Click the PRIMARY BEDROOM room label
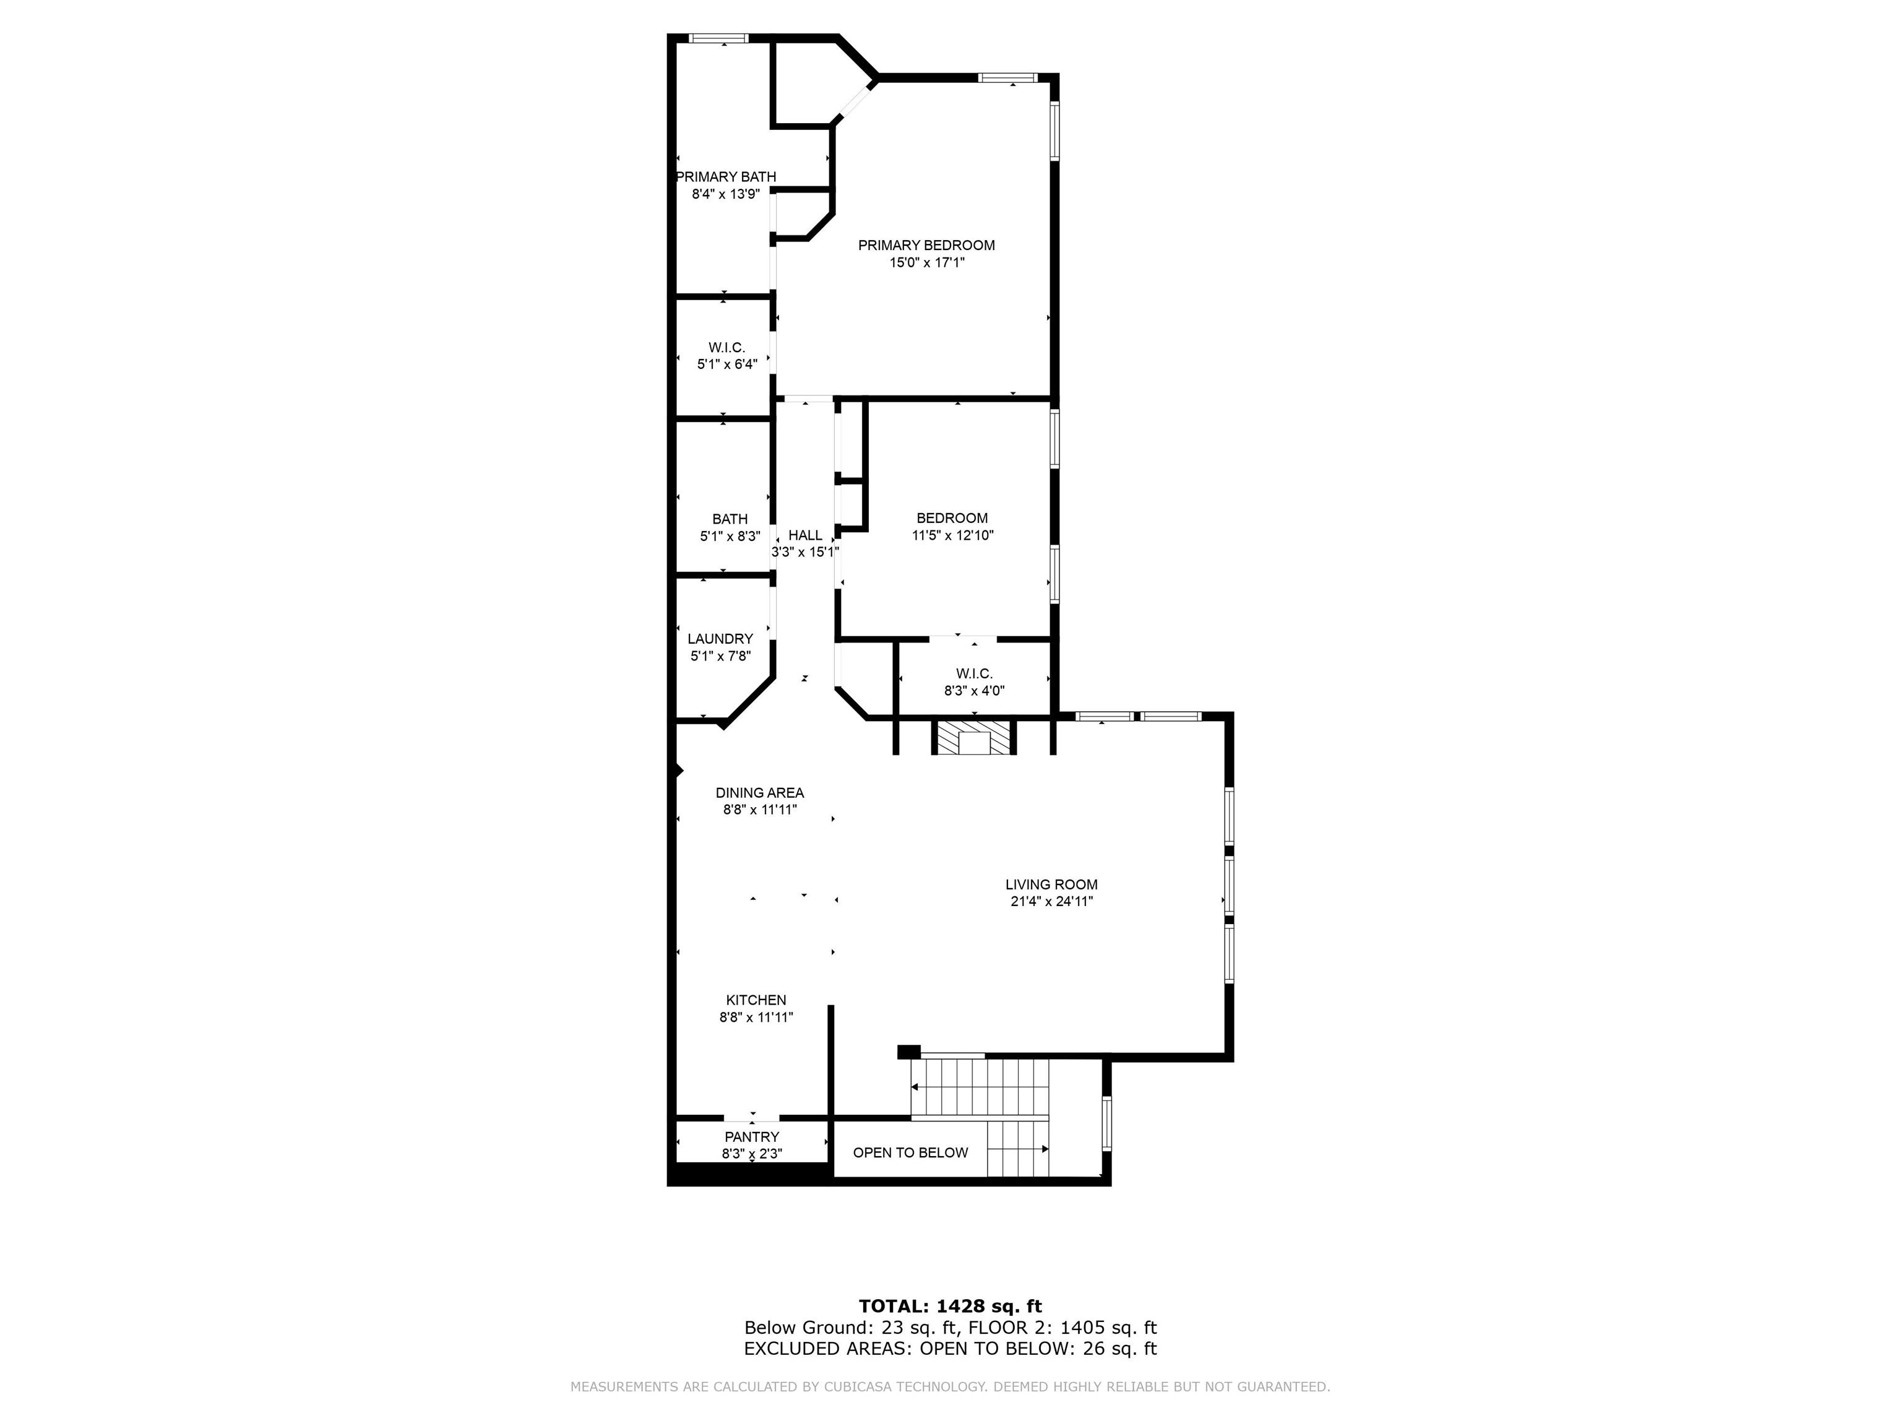point(926,245)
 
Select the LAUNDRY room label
point(720,639)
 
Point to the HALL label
point(805,535)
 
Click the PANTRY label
point(752,1137)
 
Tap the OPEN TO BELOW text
point(910,1152)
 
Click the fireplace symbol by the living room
point(975,738)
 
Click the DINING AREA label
point(760,792)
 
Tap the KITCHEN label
point(756,1000)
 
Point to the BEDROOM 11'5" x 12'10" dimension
point(952,535)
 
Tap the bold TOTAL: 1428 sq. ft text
point(950,1307)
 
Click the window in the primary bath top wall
point(719,38)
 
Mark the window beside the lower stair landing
point(1107,1123)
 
